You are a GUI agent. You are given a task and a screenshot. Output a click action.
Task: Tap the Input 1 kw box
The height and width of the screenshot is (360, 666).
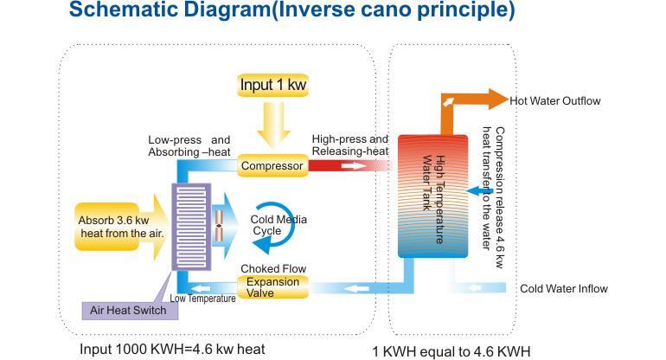tap(272, 87)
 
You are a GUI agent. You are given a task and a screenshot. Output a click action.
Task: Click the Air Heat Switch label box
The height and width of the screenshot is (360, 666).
tap(123, 310)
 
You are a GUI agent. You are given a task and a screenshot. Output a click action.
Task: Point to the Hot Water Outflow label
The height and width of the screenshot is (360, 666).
tap(554, 101)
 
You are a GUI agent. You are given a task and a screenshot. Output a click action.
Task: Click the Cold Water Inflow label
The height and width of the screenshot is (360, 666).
tap(564, 289)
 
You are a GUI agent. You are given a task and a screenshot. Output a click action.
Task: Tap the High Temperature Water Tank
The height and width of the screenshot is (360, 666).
tap(432, 195)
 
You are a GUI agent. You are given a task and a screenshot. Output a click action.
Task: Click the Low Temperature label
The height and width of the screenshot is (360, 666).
tap(202, 299)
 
